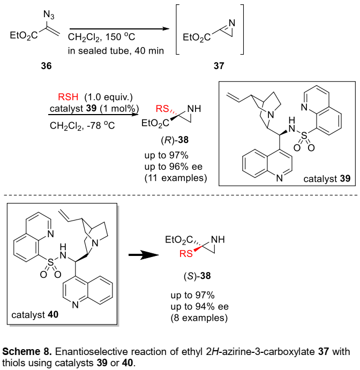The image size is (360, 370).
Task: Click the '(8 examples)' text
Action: (194, 318)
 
